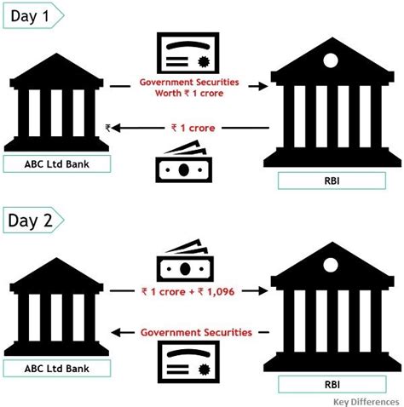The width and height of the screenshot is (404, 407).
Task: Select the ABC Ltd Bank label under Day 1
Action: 56,164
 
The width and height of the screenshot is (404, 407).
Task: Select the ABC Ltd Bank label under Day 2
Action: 56,368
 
